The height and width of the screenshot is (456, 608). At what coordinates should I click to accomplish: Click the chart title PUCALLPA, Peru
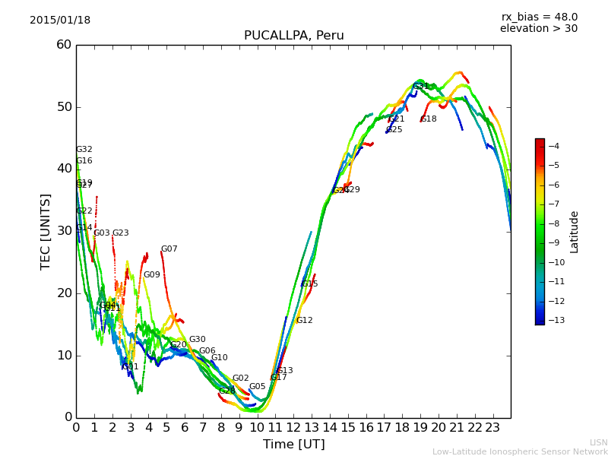(x=293, y=36)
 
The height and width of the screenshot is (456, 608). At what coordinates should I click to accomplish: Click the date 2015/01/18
(x=60, y=20)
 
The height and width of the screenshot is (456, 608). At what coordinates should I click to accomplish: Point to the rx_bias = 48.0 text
(x=539, y=17)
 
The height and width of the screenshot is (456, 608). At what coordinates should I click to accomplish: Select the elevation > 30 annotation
(x=538, y=29)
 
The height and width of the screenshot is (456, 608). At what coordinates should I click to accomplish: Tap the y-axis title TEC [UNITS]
(x=46, y=231)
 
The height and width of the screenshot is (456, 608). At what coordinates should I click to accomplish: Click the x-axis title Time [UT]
(x=293, y=445)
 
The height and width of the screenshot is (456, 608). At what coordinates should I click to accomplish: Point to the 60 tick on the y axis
(x=64, y=45)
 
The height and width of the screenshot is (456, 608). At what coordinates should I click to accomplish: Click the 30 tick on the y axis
(x=64, y=231)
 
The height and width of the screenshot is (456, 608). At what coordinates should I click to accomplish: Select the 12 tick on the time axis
(x=293, y=428)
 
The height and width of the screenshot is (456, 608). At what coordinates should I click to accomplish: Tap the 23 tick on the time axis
(x=492, y=428)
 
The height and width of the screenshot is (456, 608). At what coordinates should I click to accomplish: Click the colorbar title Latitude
(x=575, y=232)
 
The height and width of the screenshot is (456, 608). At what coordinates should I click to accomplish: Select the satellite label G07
(x=169, y=249)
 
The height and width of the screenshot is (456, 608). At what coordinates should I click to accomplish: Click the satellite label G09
(x=152, y=275)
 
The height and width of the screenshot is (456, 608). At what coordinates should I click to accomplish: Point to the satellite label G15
(x=309, y=284)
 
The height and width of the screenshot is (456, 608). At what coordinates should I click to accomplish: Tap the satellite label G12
(x=304, y=321)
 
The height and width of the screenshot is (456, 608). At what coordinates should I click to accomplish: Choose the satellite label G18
(x=428, y=119)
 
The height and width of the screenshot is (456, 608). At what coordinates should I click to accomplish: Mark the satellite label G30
(x=197, y=340)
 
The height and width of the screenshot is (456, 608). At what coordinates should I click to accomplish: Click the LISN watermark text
(x=598, y=442)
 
